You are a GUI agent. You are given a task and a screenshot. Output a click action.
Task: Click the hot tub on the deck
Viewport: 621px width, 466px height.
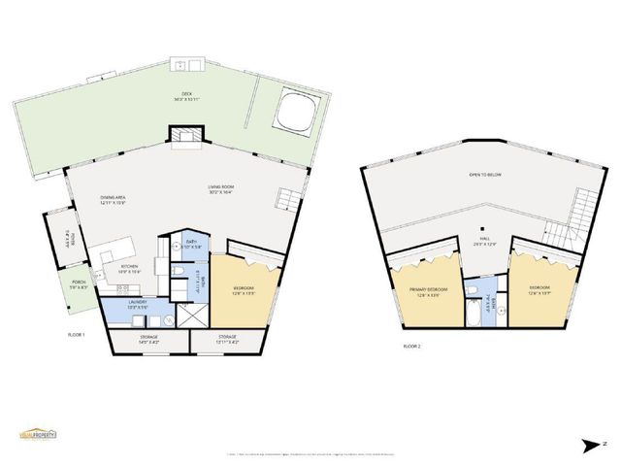pos(291,112)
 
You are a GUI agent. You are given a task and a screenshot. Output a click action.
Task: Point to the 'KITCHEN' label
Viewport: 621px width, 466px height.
pos(129,269)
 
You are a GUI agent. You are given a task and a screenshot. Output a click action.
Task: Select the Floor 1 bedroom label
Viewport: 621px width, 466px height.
pos(245,290)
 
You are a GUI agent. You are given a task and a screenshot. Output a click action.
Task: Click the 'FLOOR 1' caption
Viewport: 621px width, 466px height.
pos(77,335)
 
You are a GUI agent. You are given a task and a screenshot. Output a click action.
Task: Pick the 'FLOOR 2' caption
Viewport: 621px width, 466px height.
pos(413,345)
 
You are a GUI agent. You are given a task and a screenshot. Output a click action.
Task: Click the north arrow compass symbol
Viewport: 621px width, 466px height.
pos(592,445)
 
